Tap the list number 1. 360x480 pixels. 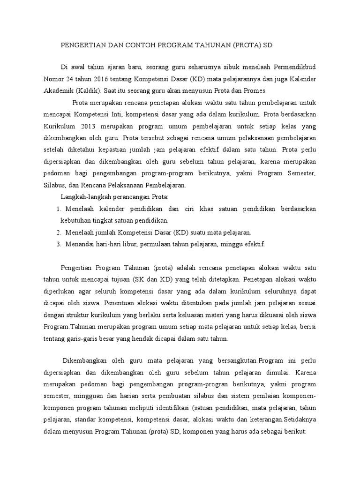point(59,208)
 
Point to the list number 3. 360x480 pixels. point(59,244)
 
